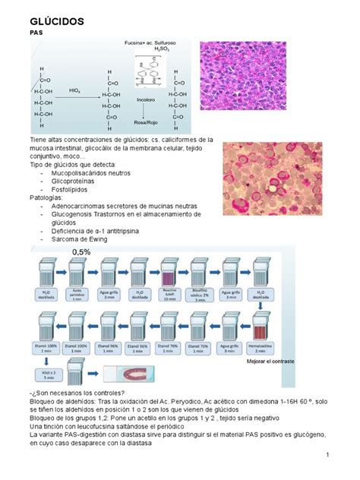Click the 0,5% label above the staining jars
point(81,251)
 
